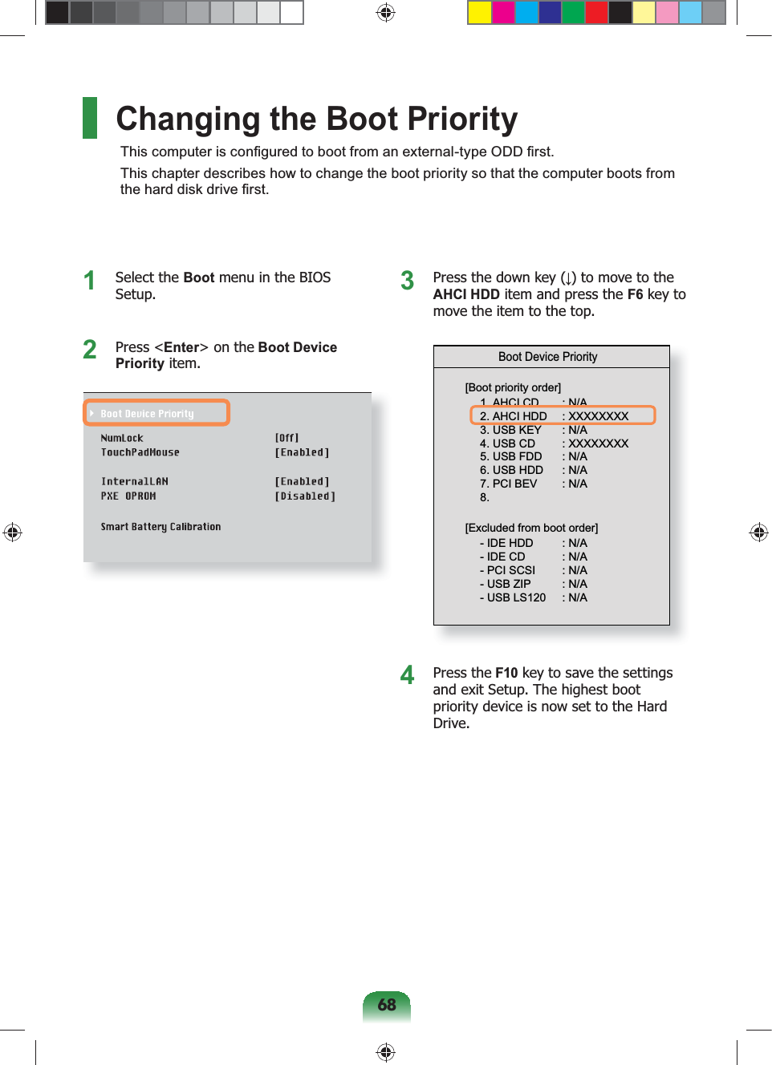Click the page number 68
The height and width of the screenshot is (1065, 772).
tap(387, 1005)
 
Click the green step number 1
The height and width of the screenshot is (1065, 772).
tap(89, 281)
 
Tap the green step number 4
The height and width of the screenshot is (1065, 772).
tap(407, 675)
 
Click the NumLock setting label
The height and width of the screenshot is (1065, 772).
tap(122, 438)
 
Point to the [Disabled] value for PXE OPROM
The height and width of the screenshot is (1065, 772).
tap(305, 496)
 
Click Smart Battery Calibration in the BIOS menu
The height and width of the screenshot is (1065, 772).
tap(160, 527)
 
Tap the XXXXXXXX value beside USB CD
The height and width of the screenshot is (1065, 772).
tap(598, 443)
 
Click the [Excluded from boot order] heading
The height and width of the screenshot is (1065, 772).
tap(531, 528)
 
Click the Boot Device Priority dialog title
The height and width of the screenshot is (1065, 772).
tap(547, 357)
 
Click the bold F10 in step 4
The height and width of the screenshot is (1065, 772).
tap(506, 673)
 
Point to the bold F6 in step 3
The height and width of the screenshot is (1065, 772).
tap(635, 294)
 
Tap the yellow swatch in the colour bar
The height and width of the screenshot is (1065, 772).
tap(480, 13)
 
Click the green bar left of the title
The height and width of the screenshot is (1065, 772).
tap(90, 118)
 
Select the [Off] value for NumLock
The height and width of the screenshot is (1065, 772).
tap(286, 438)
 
